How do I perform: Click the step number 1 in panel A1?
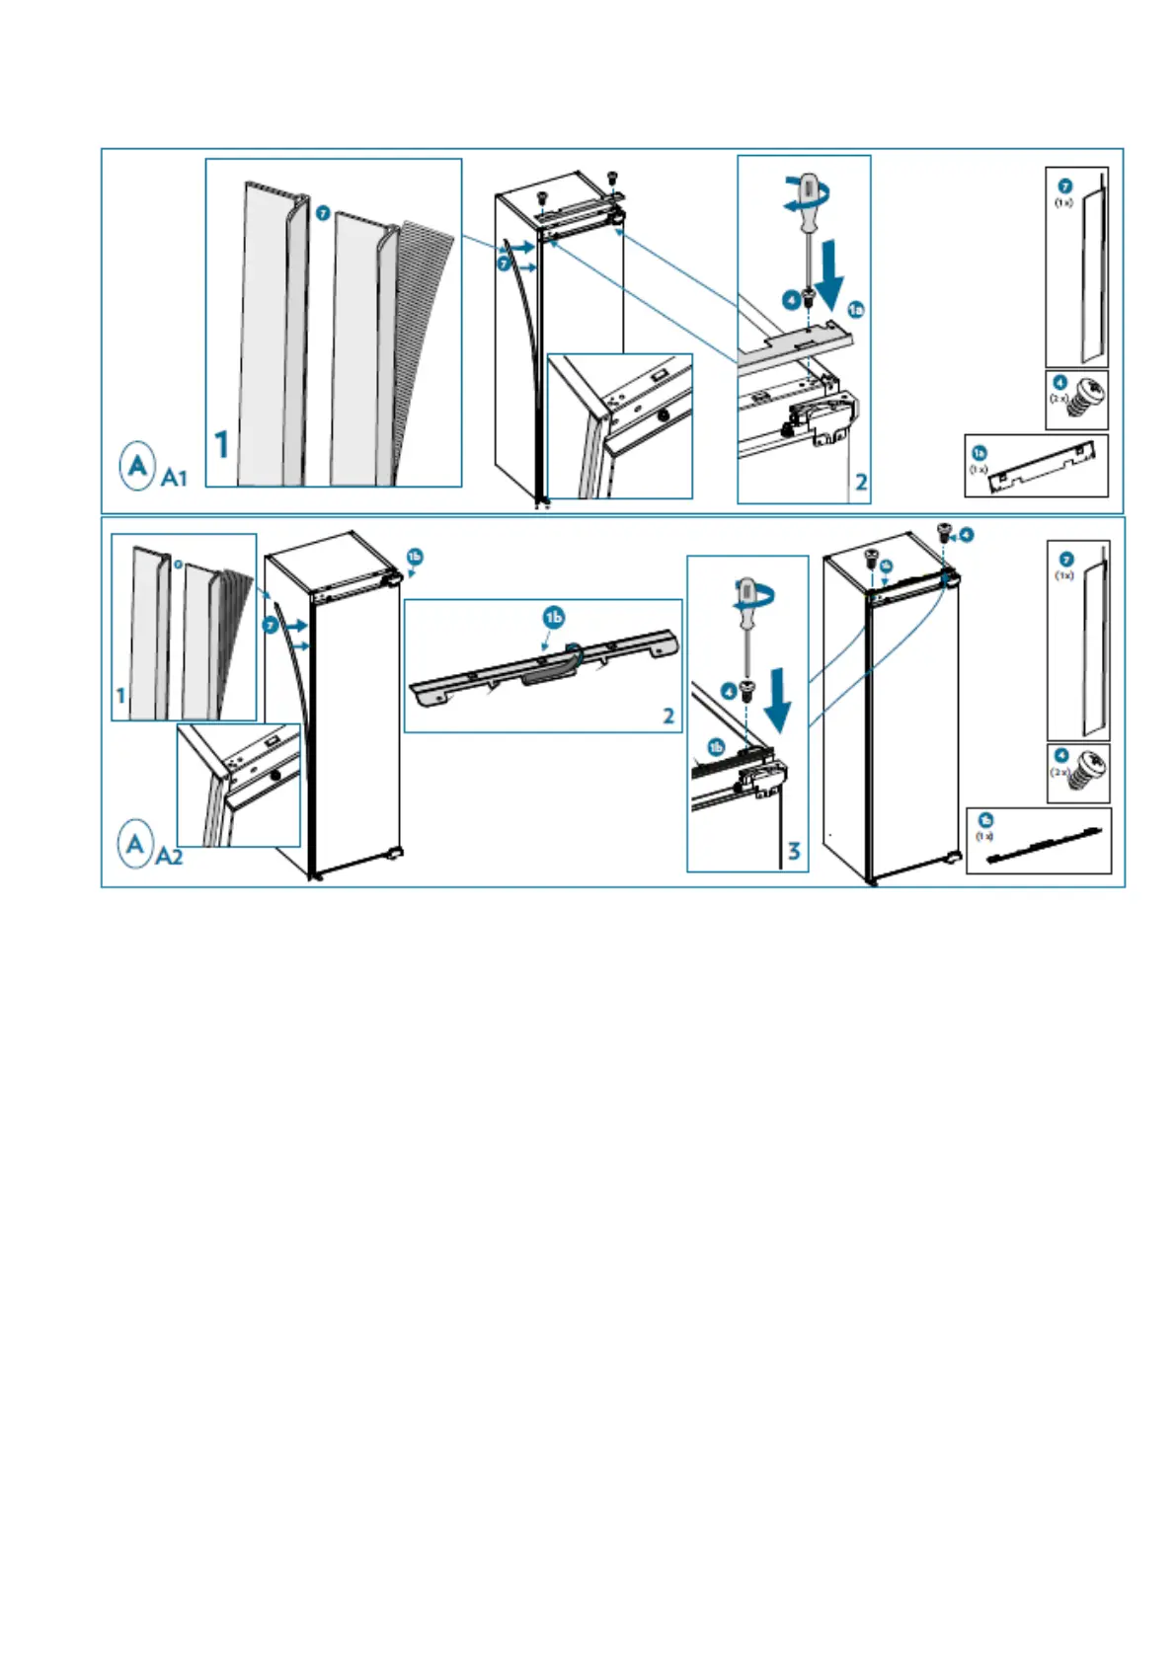pos(222,444)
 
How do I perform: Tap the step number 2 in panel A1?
pos(861,482)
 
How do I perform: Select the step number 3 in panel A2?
pos(794,851)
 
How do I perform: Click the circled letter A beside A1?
pos(138,465)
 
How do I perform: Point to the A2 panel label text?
pos(170,856)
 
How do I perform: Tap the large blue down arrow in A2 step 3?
pos(779,699)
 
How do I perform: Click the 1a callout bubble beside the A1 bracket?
pos(856,310)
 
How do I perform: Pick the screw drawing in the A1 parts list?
pos(1088,398)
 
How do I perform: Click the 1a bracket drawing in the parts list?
pos(1045,469)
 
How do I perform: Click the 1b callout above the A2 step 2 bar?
pos(554,618)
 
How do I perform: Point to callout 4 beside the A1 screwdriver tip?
pos(791,299)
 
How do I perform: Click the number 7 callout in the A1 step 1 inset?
pos(323,213)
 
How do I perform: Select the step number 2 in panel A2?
pos(668,716)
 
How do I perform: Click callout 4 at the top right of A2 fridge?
pos(966,535)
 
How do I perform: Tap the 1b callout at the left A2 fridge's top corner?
pos(415,557)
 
